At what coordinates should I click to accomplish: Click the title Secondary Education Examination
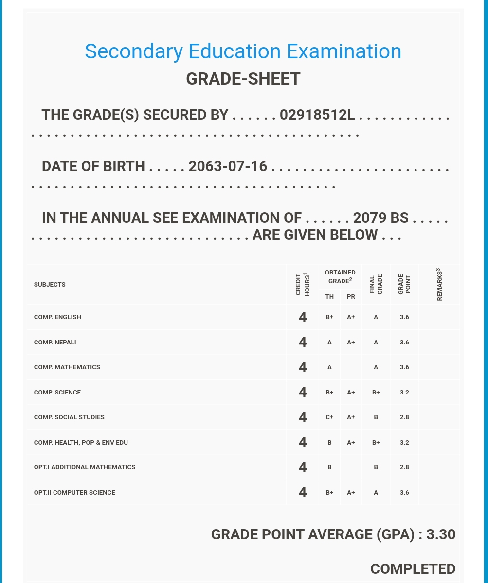[243, 51]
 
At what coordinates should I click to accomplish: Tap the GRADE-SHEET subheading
[243, 79]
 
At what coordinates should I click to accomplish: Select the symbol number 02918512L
[317, 115]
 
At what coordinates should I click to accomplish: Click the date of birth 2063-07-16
[228, 166]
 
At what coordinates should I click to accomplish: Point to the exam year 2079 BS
[380, 218]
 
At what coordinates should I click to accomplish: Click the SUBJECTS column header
[50, 285]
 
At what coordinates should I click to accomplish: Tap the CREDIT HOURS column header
[303, 284]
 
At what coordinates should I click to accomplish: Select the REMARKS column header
[439, 284]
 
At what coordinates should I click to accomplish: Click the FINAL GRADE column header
[376, 284]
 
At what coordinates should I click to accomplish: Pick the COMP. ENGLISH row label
[57, 317]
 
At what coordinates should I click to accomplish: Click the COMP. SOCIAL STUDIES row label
[69, 417]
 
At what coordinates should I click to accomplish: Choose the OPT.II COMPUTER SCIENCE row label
[74, 493]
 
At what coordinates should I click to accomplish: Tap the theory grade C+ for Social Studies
[329, 417]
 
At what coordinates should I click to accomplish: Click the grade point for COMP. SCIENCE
[404, 393]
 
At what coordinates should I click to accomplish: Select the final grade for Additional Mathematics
[376, 467]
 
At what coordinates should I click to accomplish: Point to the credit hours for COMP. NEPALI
[303, 343]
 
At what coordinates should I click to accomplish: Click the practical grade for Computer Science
[351, 493]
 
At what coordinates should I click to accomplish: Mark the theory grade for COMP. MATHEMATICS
[329, 367]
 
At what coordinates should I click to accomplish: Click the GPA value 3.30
[441, 534]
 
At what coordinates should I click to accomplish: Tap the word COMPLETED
[413, 569]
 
